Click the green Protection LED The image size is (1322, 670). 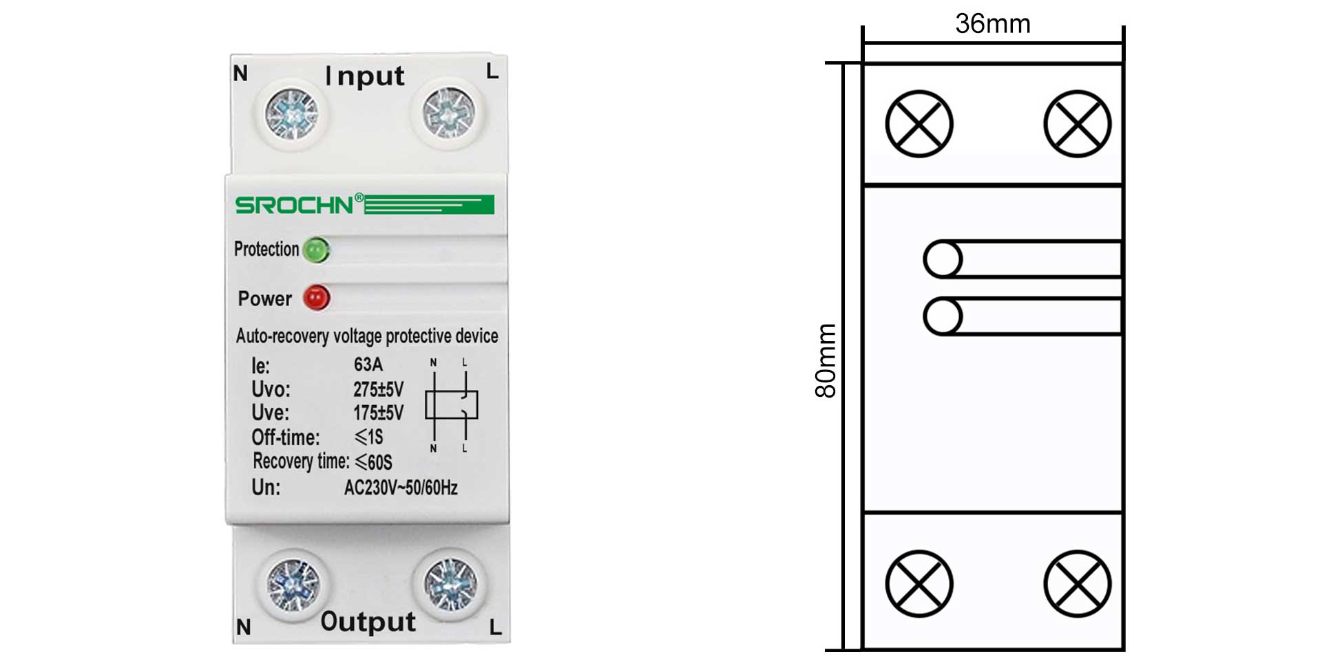click(x=316, y=250)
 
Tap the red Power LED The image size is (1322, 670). click(x=317, y=298)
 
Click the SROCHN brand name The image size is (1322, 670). click(x=294, y=205)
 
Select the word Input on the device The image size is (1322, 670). click(x=365, y=76)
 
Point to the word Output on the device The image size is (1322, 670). click(x=368, y=622)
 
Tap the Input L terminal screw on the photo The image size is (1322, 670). click(x=448, y=112)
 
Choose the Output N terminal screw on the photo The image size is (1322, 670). click(x=293, y=584)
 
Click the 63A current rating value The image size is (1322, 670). click(x=368, y=365)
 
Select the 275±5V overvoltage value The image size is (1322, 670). click(x=378, y=389)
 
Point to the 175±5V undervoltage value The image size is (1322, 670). click(x=378, y=413)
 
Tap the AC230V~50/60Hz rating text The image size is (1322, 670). click(x=401, y=488)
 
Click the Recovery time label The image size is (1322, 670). click(x=301, y=461)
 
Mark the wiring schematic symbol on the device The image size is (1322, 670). click(x=450, y=405)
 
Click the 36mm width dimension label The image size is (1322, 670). click(x=992, y=24)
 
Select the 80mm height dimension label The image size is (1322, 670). click(x=826, y=360)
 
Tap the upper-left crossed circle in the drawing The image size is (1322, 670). click(x=919, y=124)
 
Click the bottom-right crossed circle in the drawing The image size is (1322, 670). click(x=1078, y=584)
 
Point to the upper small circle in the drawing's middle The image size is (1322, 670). click(x=943, y=259)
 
